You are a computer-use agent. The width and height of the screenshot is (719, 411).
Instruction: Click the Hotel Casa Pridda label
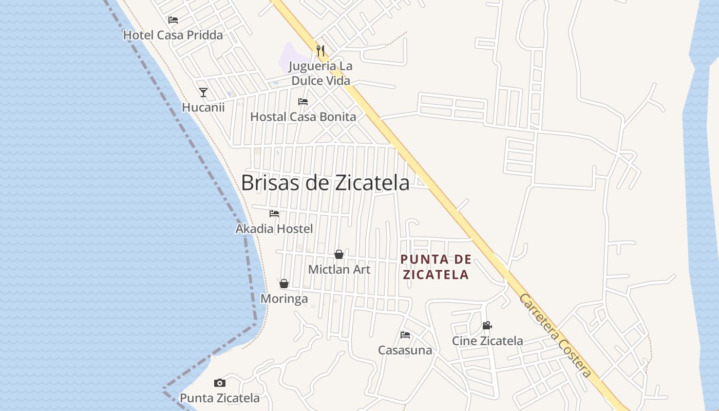(173, 35)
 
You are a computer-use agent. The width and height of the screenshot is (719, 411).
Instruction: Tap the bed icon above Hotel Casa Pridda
(173, 20)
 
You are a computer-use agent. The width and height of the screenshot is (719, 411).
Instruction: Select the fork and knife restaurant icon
(320, 50)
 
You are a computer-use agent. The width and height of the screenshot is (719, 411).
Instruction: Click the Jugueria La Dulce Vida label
(320, 73)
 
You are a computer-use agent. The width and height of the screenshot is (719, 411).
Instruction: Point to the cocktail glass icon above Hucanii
(203, 92)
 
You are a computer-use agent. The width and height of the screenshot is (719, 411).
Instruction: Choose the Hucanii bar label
(203, 107)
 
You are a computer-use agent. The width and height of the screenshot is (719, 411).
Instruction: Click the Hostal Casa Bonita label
(303, 117)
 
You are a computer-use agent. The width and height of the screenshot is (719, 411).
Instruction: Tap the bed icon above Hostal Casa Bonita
(303, 102)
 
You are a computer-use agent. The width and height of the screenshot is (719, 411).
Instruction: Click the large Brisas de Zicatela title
(325, 183)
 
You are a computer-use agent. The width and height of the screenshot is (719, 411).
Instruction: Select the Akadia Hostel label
(274, 229)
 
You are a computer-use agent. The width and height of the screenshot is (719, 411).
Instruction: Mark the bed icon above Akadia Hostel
(274, 213)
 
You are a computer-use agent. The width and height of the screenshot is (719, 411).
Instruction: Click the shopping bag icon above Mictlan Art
(339, 254)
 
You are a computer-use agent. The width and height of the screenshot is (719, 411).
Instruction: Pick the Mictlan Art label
(339, 269)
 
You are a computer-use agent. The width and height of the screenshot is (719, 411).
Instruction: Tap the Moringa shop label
(284, 298)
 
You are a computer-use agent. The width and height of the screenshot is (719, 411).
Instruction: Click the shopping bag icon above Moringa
(284, 284)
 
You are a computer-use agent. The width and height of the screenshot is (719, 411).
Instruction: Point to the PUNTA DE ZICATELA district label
(436, 267)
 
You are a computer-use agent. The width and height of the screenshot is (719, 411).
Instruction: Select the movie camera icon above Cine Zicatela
(487, 325)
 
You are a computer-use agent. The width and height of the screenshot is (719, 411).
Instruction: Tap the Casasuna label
(405, 350)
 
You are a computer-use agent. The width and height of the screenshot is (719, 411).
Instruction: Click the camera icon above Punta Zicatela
(220, 383)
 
